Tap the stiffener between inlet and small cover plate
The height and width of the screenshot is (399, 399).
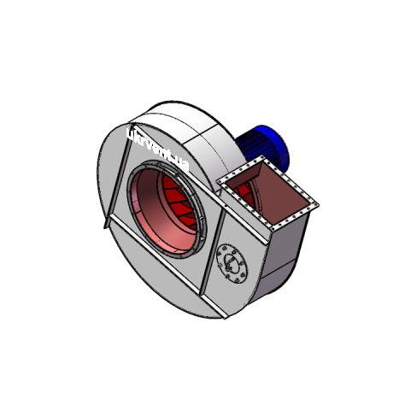pos(210,248)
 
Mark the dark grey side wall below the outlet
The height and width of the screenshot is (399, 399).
pos(286,256)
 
